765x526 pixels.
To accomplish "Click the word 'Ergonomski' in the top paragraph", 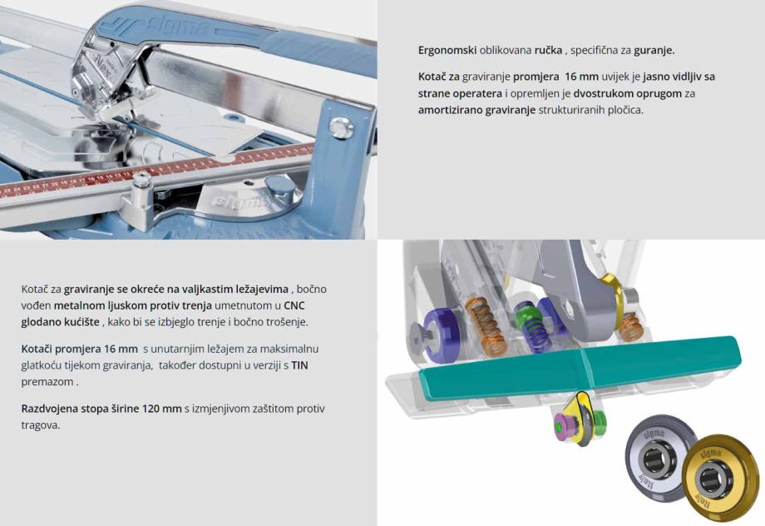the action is pyautogui.click(x=447, y=50).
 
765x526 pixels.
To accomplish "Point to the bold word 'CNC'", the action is pyautogui.click(x=294, y=305).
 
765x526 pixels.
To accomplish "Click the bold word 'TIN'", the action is pyautogui.click(x=299, y=365).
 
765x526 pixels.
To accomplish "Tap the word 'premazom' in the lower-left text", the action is pyautogui.click(x=47, y=382).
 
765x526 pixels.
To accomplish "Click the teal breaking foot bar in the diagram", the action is pyautogui.click(x=580, y=366).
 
